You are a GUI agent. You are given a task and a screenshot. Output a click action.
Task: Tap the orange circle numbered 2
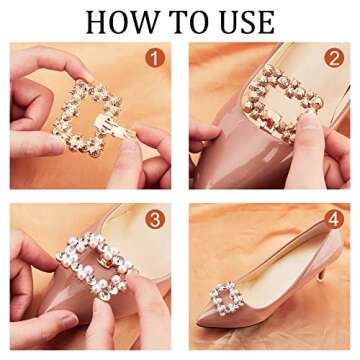pyautogui.click(x=334, y=59)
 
